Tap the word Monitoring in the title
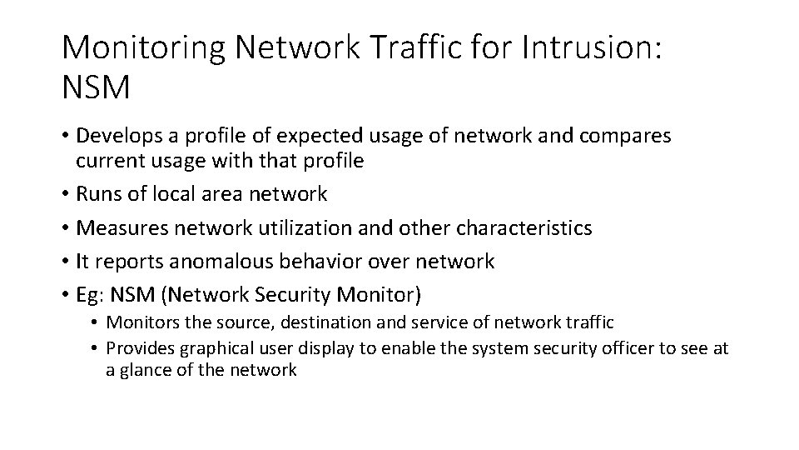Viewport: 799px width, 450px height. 141,48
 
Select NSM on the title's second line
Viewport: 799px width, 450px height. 96,87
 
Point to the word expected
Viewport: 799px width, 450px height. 313,136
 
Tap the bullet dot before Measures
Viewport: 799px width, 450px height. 65,228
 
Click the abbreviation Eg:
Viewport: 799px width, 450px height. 90,295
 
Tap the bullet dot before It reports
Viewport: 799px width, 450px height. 65,262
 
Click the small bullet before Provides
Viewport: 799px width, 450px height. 96,349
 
